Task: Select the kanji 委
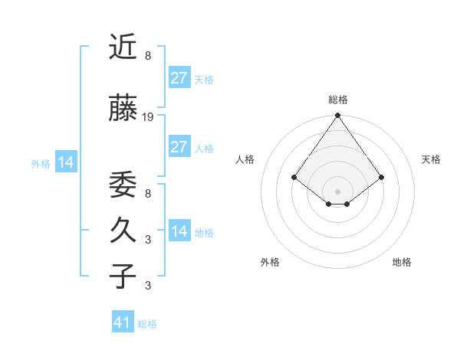pyautogui.click(x=123, y=185)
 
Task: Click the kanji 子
pyautogui.click(x=123, y=276)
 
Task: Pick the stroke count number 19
pyautogui.click(x=148, y=117)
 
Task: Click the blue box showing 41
pyautogui.click(x=123, y=322)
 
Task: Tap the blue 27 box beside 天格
pyautogui.click(x=179, y=77)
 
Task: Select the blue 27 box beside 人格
pyautogui.click(x=179, y=147)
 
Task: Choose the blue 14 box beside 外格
pyautogui.click(x=66, y=162)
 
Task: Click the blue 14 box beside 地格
pyautogui.click(x=179, y=231)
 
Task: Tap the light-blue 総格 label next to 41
pyautogui.click(x=147, y=324)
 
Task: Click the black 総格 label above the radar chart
pyautogui.click(x=337, y=100)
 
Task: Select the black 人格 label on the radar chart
pyautogui.click(x=245, y=159)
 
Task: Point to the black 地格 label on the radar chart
pyautogui.click(x=402, y=262)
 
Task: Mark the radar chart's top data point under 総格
pyautogui.click(x=337, y=116)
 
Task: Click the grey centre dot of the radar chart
pyautogui.click(x=337, y=191)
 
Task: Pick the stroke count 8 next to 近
pyautogui.click(x=147, y=56)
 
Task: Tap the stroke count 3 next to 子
pyautogui.click(x=147, y=286)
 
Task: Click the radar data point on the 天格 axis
pyautogui.click(x=381, y=177)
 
